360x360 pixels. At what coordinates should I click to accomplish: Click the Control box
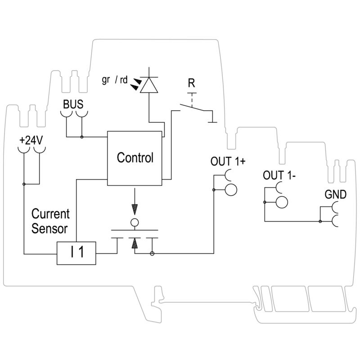(135, 158)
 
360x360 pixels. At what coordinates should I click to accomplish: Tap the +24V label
(31, 140)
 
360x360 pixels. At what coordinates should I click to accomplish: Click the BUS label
(73, 104)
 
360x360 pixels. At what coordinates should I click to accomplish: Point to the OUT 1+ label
(228, 162)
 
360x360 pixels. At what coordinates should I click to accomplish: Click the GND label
(335, 195)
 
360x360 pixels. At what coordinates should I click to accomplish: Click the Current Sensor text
(50, 220)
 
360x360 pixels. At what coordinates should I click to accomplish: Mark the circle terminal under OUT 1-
(282, 202)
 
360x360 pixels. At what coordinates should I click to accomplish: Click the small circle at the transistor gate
(134, 222)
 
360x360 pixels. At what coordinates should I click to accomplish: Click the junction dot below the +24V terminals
(23, 184)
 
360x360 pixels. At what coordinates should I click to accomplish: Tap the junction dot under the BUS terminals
(81, 136)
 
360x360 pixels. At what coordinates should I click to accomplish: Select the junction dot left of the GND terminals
(319, 221)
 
